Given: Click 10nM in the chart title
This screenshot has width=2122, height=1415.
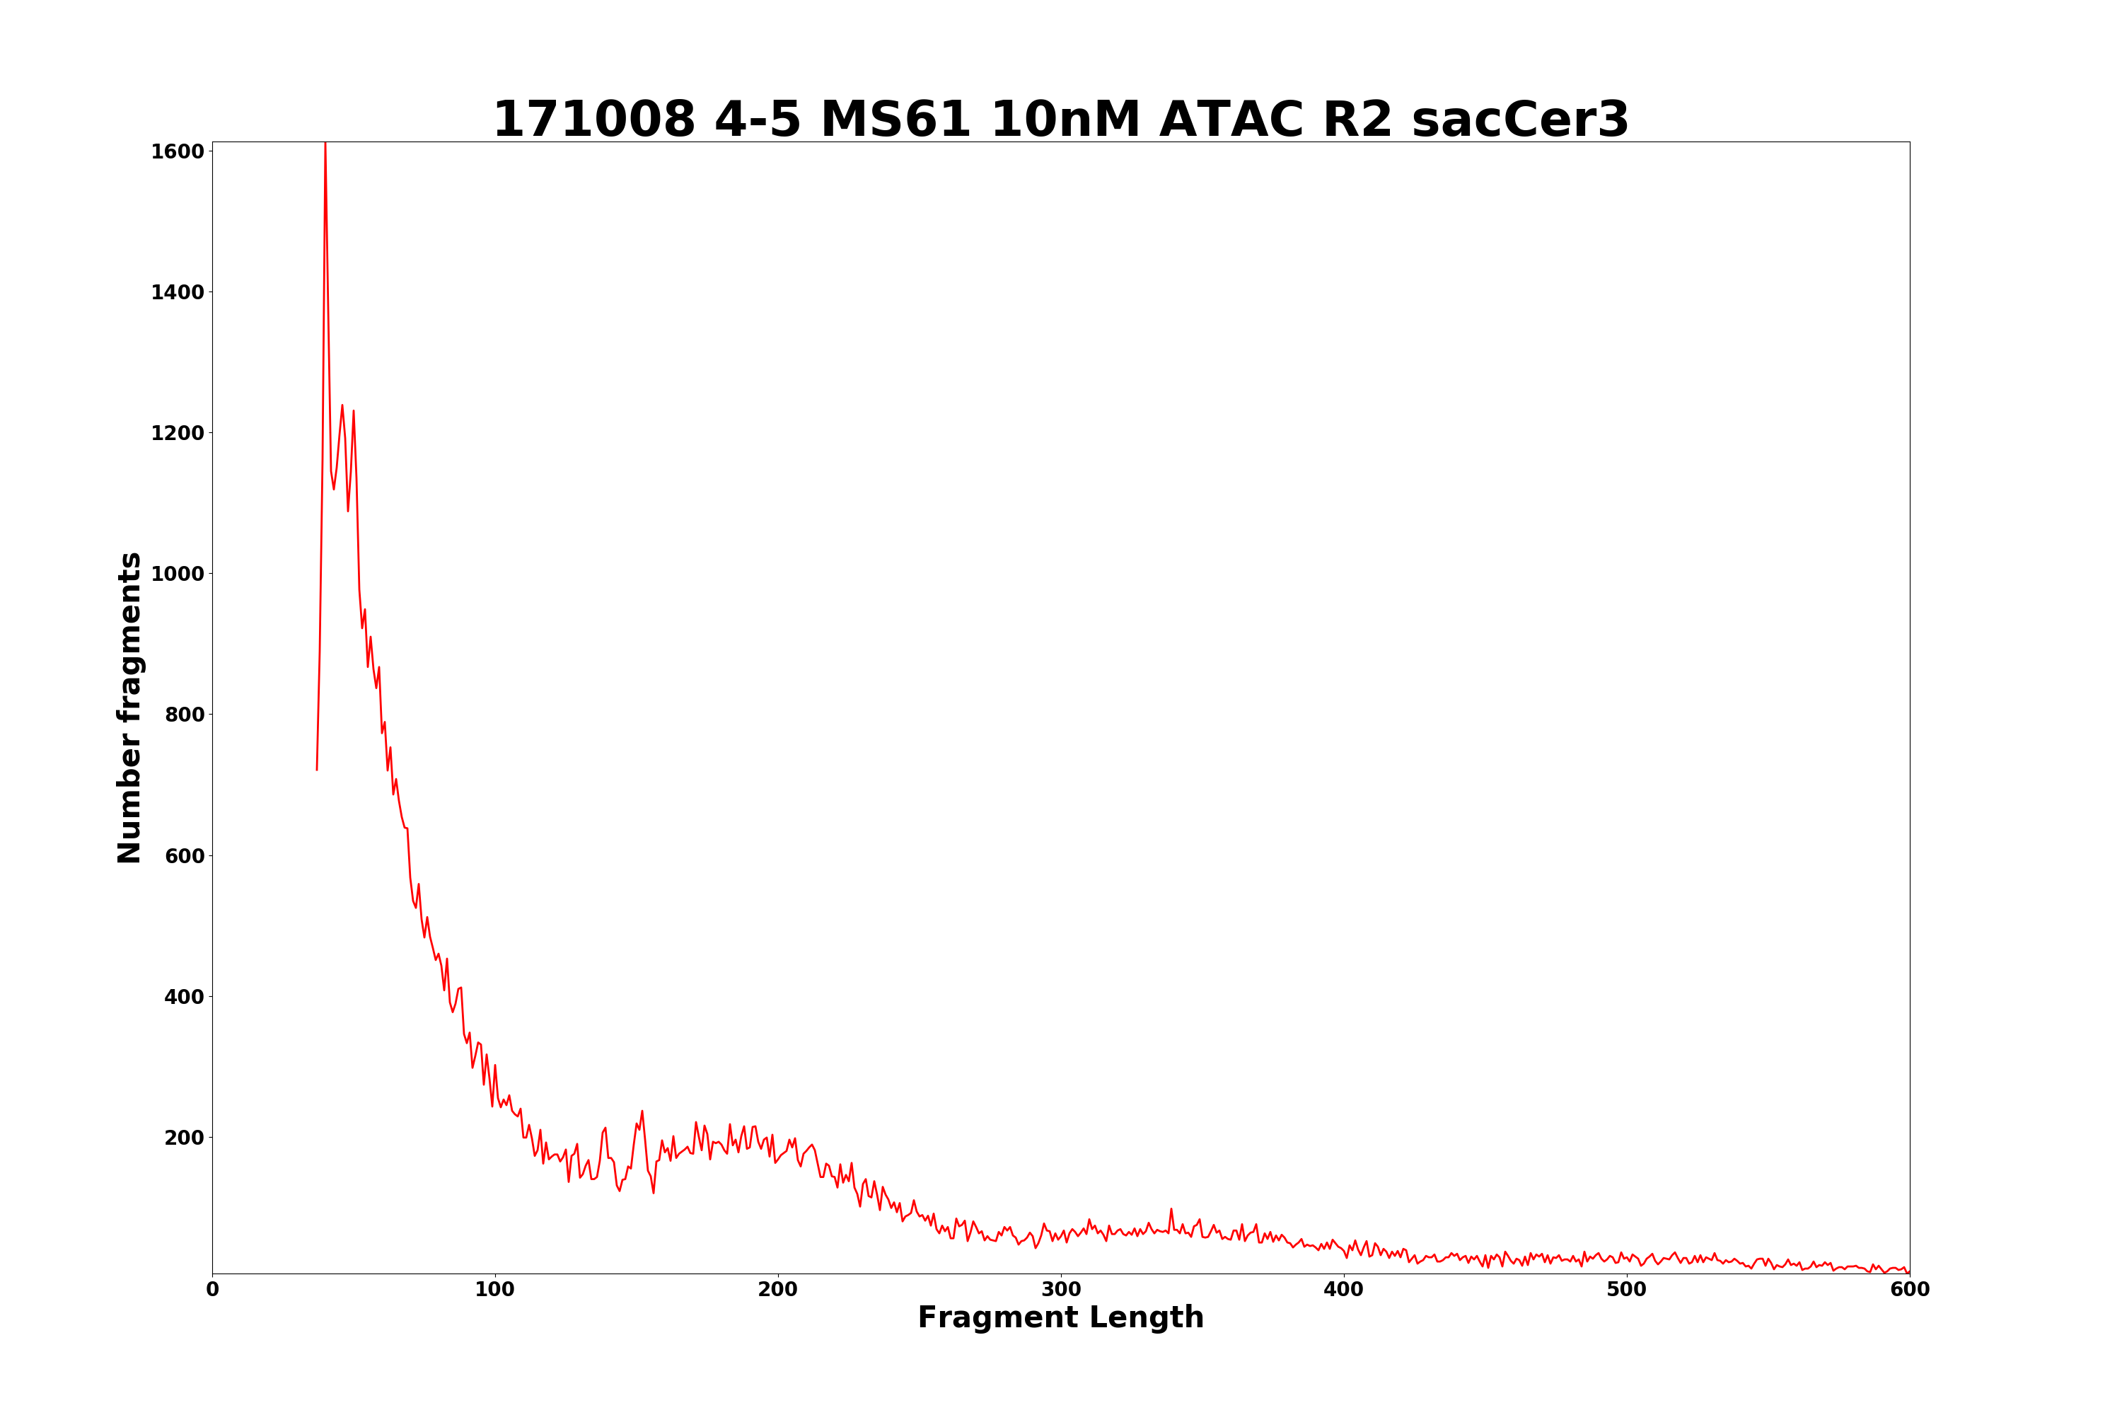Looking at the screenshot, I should [x=1065, y=120].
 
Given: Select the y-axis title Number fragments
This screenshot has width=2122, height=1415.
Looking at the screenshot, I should [x=130, y=707].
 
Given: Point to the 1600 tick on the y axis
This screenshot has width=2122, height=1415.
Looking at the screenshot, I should [x=177, y=151].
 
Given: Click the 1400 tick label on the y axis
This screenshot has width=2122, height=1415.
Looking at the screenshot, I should [x=177, y=292].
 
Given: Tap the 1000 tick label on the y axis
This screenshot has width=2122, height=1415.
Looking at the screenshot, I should [x=177, y=574].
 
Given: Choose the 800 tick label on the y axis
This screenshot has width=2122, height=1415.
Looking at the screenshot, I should [x=184, y=715].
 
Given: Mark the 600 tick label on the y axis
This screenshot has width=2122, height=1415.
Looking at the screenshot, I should [x=184, y=855].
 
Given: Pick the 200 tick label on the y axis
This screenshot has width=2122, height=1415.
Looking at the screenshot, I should [x=184, y=1138].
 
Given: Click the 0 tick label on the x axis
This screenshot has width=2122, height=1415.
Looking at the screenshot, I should [x=213, y=1290].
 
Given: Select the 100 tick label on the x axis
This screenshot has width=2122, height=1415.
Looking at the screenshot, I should [x=495, y=1290].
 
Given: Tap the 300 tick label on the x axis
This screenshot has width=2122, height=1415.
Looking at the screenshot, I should [x=1061, y=1290].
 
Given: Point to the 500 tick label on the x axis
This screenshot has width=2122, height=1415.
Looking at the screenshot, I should [x=1627, y=1290].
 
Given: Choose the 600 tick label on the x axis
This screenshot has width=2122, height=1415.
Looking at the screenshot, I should [x=1909, y=1290].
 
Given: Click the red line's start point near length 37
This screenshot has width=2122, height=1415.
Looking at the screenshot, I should [x=317, y=769].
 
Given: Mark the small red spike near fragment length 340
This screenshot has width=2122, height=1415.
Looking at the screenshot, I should [x=1171, y=1209].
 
